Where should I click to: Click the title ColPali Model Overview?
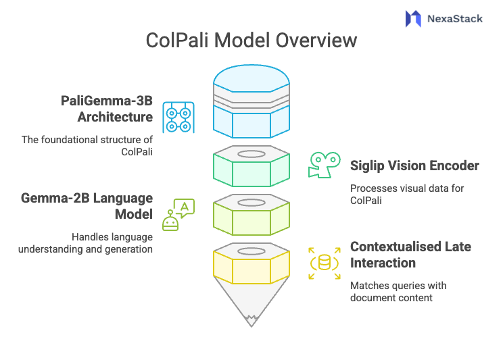tap(251, 41)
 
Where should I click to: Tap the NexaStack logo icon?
tap(412, 18)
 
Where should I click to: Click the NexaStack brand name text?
tap(454, 18)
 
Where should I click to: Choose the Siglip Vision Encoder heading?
tap(414, 165)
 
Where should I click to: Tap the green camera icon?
tap(324, 165)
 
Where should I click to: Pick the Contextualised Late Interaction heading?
tap(410, 254)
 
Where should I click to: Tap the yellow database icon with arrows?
tap(324, 263)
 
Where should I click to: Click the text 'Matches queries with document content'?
tap(398, 291)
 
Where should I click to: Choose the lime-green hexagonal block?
tap(251, 215)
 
